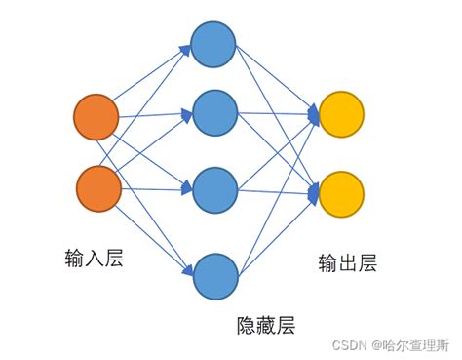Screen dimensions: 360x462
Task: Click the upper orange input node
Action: pyautogui.click(x=96, y=117)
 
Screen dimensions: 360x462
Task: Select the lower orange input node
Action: pyautogui.click(x=96, y=188)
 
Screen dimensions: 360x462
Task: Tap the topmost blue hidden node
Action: pyautogui.click(x=213, y=44)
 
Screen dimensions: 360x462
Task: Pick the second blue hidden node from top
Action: pyautogui.click(x=213, y=113)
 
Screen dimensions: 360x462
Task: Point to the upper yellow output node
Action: pyautogui.click(x=341, y=115)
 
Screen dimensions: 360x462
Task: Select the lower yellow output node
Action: pyautogui.click(x=341, y=194)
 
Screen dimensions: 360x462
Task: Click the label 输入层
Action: pyautogui.click(x=95, y=258)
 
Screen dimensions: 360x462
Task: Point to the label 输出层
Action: pyautogui.click(x=347, y=263)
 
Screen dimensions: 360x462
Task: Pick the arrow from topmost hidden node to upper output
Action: pyautogui.click(x=277, y=79)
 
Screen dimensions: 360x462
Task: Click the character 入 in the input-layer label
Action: pyautogui.click(x=95, y=258)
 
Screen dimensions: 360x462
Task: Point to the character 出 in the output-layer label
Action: pyautogui.click(x=347, y=263)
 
